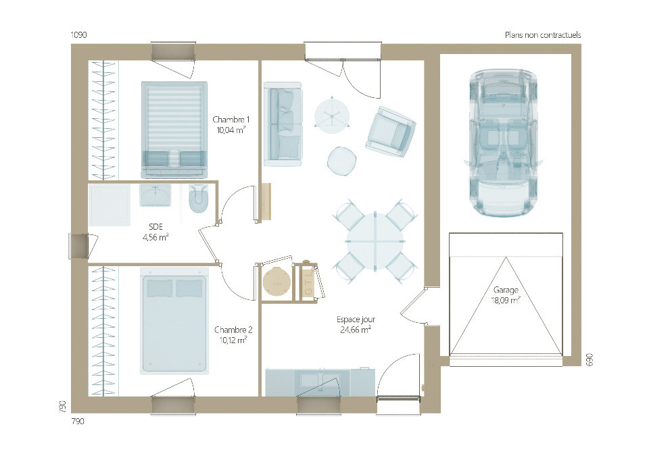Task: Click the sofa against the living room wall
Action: click(283, 125)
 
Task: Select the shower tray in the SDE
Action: click(110, 205)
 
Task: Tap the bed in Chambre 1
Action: click(174, 128)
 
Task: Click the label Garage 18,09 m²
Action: click(506, 295)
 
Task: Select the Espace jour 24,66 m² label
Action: click(356, 324)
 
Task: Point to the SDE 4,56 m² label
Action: click(155, 232)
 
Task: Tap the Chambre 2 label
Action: click(233, 330)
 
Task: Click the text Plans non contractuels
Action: click(542, 35)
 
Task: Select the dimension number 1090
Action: click(80, 34)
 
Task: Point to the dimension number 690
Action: click(588, 359)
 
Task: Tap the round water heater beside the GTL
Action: click(276, 281)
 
